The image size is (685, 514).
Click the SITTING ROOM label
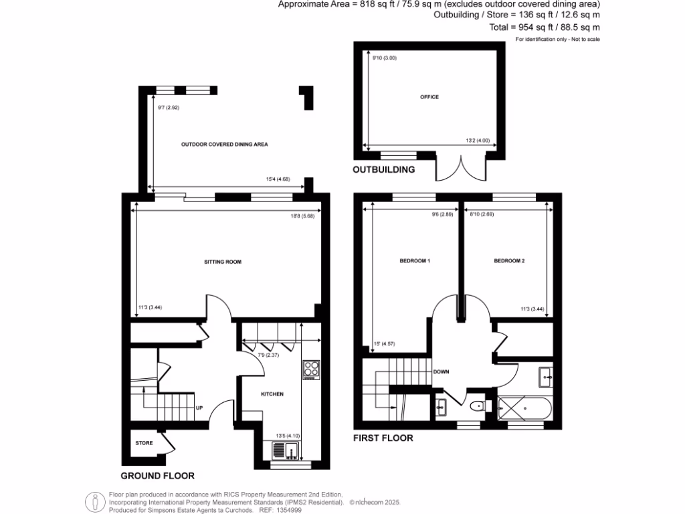coord(223,262)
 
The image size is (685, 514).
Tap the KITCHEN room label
coord(272,394)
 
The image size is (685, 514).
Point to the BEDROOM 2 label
coord(509,260)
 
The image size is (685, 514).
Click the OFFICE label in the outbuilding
coord(429,97)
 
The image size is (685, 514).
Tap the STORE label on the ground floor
coord(144,443)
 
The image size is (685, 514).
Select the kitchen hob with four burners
coord(312,370)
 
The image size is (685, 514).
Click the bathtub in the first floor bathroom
coord(524,406)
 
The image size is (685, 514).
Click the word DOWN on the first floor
coord(441,371)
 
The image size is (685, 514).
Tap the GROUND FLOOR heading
coord(157,476)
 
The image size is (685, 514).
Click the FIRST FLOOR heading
coord(383,438)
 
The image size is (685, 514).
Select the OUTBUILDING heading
coord(383,170)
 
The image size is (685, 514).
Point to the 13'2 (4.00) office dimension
coord(478,141)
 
